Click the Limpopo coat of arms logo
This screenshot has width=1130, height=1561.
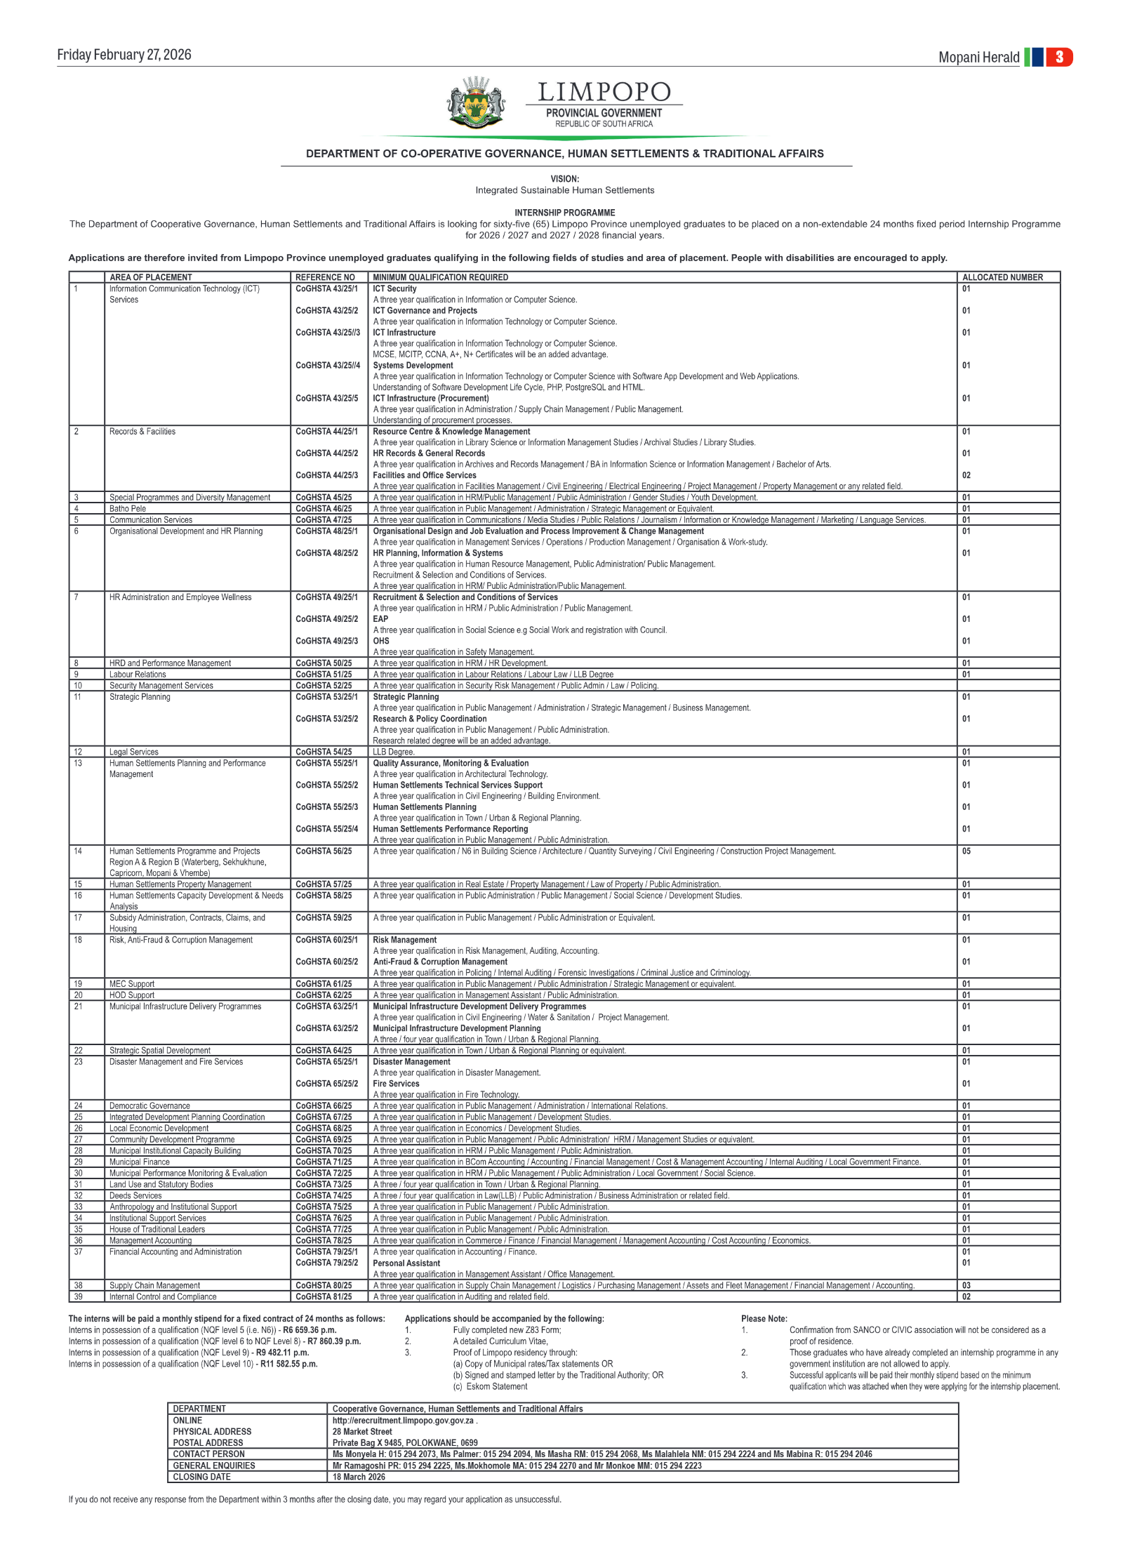(476, 103)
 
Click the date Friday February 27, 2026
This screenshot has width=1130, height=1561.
(124, 55)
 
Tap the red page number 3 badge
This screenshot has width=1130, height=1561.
(1058, 57)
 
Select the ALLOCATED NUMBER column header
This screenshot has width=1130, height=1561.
(1002, 277)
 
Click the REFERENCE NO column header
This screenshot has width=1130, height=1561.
(325, 277)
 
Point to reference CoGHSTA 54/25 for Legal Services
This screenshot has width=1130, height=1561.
(324, 752)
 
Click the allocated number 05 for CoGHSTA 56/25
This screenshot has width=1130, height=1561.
(966, 851)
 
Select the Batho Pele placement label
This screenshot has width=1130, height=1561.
(128, 509)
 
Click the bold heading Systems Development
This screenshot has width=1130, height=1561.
(413, 366)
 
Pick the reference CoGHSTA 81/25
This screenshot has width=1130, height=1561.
(324, 1296)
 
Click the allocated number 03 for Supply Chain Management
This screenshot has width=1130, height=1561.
(966, 1285)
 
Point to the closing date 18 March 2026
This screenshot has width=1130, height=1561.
(359, 1477)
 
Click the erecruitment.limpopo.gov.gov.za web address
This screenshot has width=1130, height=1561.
(403, 1420)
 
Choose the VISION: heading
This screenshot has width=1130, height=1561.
(564, 179)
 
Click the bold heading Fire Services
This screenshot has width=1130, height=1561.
(396, 1084)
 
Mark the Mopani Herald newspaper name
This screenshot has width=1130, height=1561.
(978, 58)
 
